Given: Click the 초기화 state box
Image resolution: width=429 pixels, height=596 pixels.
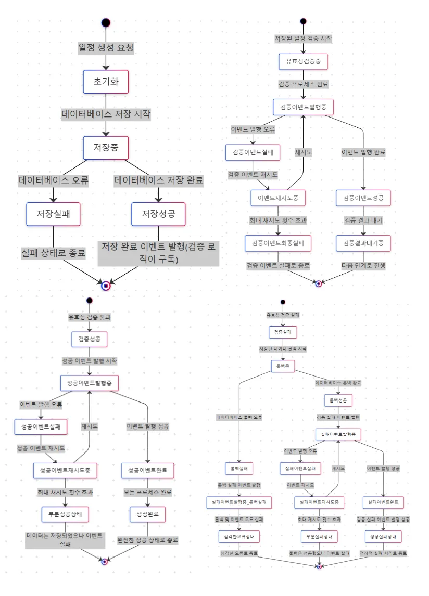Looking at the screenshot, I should (x=106, y=82).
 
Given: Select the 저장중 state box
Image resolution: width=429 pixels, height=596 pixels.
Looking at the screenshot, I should (x=106, y=147).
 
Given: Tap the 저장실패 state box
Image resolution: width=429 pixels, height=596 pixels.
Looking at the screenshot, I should (x=54, y=214).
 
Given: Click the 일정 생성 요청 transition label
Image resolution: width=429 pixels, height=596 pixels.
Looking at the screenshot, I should (x=106, y=47).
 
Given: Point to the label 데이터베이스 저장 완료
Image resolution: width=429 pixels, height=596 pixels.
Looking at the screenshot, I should (x=158, y=180).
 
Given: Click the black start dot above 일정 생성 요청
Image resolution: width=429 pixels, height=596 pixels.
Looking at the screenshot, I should (x=106, y=22).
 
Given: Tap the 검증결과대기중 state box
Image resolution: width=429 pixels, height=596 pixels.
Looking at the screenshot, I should (x=363, y=243).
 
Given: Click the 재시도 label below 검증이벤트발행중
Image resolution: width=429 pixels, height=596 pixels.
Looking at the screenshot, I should (x=303, y=152).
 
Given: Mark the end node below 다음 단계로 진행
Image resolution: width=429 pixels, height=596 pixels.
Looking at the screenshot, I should (x=319, y=283).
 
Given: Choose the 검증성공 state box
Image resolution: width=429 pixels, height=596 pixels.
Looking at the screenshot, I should (x=90, y=340).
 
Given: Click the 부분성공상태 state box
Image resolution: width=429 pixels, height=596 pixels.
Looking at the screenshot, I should (x=65, y=514).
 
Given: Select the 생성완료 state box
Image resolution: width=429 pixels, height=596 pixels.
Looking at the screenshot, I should (x=147, y=514).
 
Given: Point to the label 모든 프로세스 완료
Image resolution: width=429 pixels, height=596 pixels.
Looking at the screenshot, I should (x=147, y=492).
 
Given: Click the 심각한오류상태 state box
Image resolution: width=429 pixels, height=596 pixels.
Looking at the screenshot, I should (x=238, y=536).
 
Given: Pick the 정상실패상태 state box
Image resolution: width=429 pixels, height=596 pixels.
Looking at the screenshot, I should (x=383, y=536).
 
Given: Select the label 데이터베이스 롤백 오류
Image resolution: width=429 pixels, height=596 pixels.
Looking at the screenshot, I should (x=239, y=418).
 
